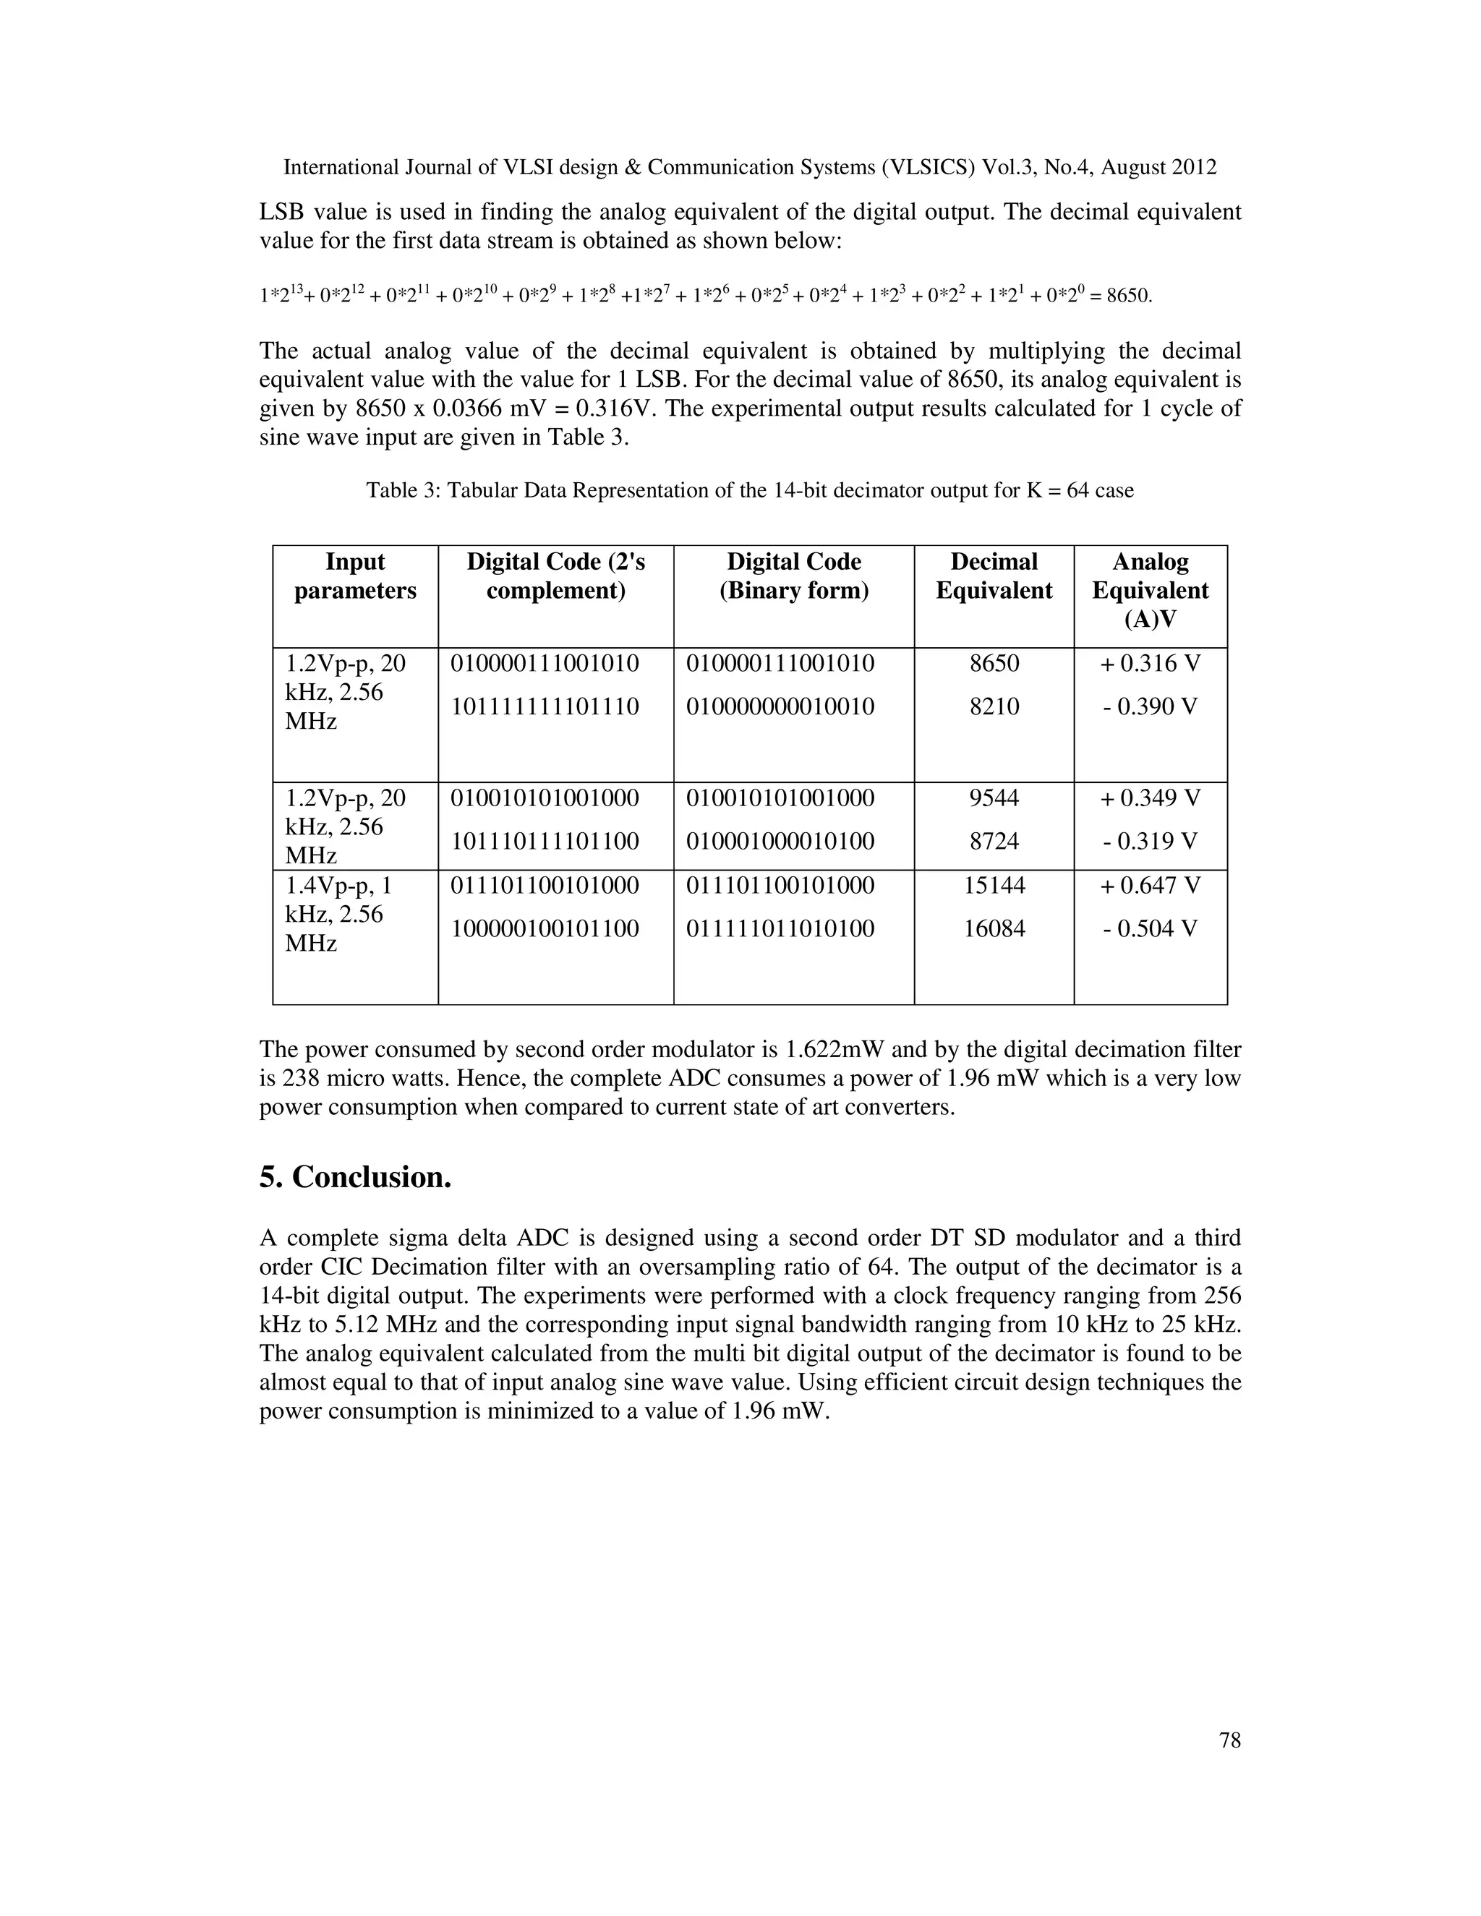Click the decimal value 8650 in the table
994,663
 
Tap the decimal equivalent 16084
994,928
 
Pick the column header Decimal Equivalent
994,576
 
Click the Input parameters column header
355,576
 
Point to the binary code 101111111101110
545,706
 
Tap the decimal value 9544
994,798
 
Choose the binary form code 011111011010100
780,928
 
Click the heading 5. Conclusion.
355,1177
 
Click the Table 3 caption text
749,490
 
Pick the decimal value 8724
994,842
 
